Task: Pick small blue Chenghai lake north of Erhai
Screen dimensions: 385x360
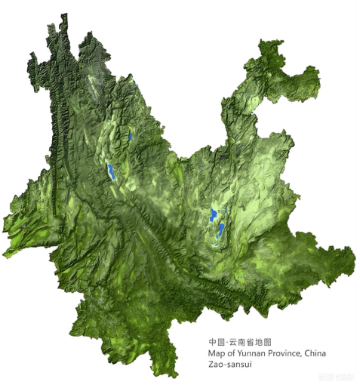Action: pos(130,137)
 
